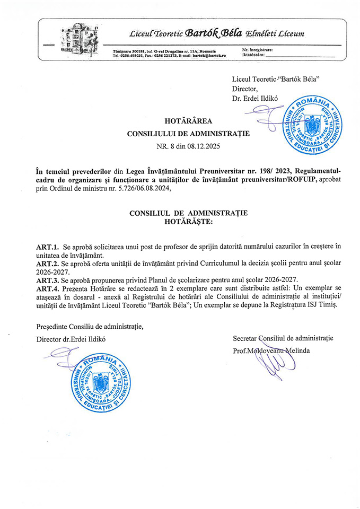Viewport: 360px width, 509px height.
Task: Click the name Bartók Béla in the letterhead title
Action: coord(214,34)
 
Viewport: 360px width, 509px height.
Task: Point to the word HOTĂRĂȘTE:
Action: coord(188,221)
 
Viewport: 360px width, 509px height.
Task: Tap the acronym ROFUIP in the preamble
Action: coord(301,179)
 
